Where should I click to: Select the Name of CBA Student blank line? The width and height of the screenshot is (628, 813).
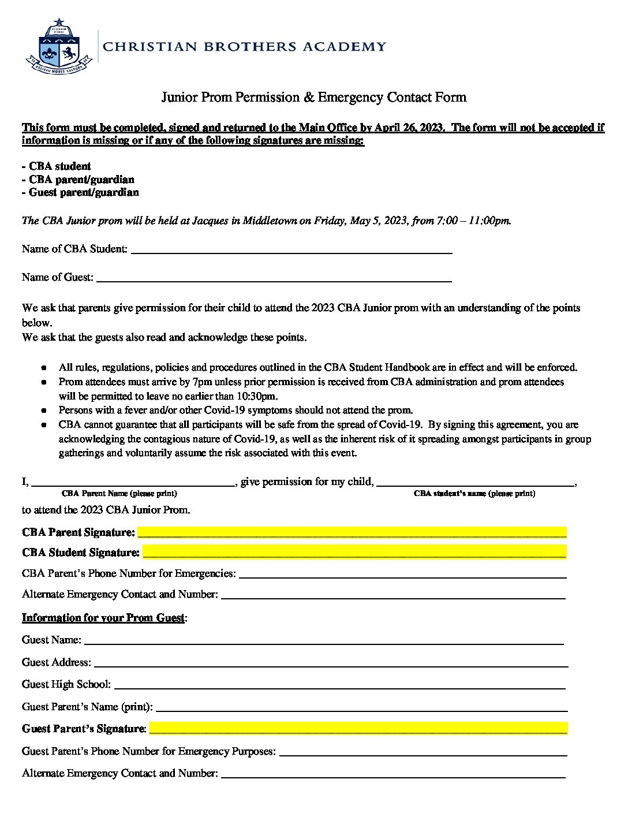[x=291, y=250]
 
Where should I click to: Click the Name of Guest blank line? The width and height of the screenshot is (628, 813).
[x=274, y=278]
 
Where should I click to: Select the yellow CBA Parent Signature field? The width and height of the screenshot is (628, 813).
[x=352, y=532]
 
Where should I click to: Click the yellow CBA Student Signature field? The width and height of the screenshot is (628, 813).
[x=354, y=553]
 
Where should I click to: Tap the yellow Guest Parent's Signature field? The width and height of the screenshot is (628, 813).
[x=358, y=729]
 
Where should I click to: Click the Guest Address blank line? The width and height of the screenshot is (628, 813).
[x=329, y=663]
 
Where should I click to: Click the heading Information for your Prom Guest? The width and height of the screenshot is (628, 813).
[x=103, y=618]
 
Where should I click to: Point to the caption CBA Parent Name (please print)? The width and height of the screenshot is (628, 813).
[x=119, y=494]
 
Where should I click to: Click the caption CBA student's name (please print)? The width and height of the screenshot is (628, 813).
[x=474, y=494]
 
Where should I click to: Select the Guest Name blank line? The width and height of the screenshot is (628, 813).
[x=323, y=641]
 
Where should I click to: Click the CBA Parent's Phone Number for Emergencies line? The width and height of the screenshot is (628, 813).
[x=402, y=575]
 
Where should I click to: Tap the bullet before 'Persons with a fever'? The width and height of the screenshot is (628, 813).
[x=44, y=411]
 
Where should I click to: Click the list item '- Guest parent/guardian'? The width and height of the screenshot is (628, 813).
[x=80, y=192]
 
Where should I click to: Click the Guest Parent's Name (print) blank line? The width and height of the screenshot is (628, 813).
[x=361, y=707]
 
